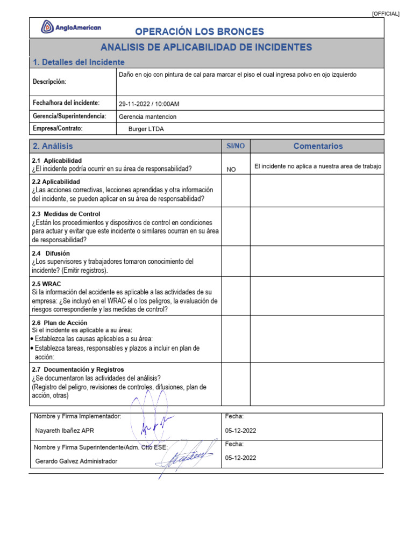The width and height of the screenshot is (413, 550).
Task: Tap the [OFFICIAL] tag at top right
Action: coord(386,14)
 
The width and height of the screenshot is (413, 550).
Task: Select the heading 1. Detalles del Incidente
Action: coord(79,62)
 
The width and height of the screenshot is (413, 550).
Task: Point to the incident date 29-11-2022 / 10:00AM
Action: coord(149,104)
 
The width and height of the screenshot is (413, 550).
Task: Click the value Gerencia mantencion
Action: coord(147,117)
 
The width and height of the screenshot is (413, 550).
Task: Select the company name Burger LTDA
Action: coord(146,129)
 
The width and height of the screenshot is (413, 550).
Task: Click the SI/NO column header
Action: coord(236,146)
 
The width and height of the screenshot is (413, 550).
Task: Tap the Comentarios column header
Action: coord(318,146)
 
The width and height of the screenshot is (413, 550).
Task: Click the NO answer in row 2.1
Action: coord(231,169)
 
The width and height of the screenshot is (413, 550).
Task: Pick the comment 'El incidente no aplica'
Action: coord(317,167)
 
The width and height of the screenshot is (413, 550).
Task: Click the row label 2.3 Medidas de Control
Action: coord(66,214)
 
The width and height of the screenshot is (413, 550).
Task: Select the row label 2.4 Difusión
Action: coord(51,253)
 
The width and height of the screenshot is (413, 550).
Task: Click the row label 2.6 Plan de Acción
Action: coord(60,322)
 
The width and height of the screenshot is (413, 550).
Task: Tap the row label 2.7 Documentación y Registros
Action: coord(78,370)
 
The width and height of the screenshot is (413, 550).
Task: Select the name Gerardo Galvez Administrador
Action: coord(76,461)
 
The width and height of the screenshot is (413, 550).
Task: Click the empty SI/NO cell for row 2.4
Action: coord(236,261)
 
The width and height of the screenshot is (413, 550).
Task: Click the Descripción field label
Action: coord(49,82)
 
